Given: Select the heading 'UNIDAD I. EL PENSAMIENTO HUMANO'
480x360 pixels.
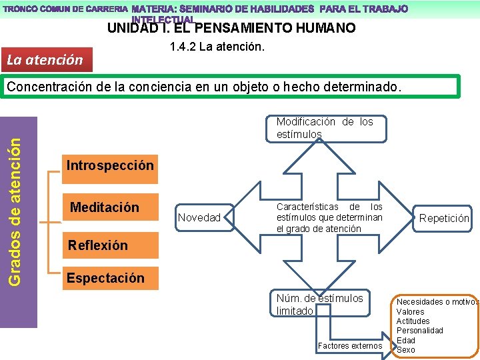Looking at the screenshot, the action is click(x=231, y=28).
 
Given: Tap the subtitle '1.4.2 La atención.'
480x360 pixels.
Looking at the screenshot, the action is click(x=217, y=47).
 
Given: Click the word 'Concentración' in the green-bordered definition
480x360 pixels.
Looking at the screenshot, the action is click(x=47, y=87).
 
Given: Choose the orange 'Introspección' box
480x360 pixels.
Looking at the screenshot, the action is click(x=110, y=165).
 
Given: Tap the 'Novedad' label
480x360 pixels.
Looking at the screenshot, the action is click(x=199, y=217).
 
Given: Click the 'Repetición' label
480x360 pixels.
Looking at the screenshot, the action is click(x=444, y=218).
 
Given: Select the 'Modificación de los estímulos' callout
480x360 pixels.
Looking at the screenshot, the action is click(x=325, y=128).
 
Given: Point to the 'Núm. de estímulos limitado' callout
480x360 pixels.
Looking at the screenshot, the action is click(x=320, y=305).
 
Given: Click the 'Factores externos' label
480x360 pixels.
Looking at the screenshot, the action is click(x=350, y=345).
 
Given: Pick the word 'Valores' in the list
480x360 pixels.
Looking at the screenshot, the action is click(x=410, y=311).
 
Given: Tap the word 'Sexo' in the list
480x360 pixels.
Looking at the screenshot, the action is click(x=405, y=349).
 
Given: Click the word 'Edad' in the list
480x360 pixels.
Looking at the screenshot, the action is click(x=405, y=340).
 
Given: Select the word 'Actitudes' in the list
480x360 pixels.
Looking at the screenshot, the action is click(x=413, y=321).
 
